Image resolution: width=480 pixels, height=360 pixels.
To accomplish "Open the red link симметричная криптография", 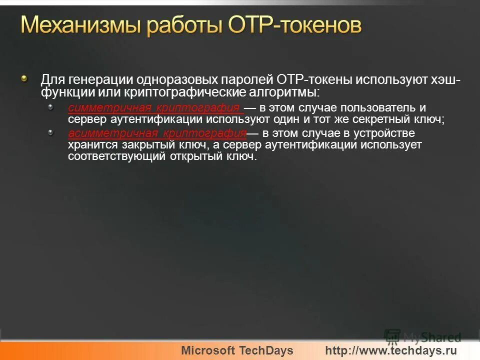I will (x=155, y=108).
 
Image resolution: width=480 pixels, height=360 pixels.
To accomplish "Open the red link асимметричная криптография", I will (x=157, y=133).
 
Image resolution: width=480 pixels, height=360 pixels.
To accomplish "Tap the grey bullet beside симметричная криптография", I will (x=50, y=106).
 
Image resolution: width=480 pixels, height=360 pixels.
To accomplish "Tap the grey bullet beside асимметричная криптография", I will (x=50, y=132).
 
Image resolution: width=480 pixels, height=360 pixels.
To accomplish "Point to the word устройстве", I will (x=386, y=133).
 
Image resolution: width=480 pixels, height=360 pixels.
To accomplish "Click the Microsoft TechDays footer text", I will (x=237, y=350).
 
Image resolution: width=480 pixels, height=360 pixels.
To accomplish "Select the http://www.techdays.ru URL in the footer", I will (x=391, y=350).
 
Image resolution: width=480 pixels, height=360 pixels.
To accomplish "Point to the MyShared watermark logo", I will (x=423, y=336).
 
